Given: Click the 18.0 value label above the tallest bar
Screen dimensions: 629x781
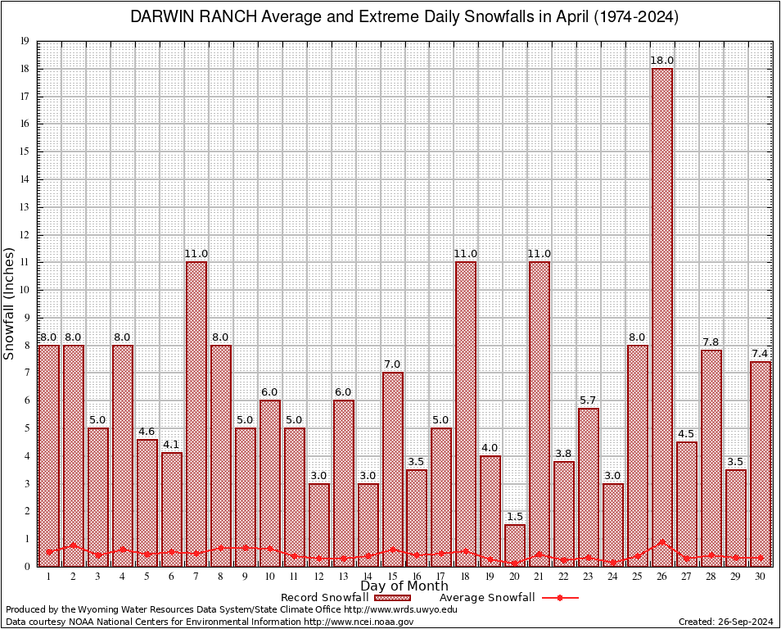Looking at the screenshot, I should (662, 61).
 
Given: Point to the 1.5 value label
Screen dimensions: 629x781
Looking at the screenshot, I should (515, 517).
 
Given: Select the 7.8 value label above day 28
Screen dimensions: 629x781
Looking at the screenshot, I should (711, 342).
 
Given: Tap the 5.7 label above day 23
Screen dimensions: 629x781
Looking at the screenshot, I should (589, 400).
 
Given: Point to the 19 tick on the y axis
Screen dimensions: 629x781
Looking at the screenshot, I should (25, 41).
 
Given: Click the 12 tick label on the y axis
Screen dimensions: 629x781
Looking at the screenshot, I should (25, 235).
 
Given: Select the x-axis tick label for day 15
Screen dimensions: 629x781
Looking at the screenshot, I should (392, 577).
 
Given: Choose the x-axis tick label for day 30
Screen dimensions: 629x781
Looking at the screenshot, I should (761, 577).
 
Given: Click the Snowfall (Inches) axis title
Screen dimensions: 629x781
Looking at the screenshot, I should (10, 304).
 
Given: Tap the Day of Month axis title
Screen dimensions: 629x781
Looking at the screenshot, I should (404, 586).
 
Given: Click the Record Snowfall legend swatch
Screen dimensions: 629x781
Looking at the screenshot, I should (392, 598).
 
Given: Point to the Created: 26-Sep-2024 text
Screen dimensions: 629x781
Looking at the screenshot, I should (726, 622).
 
